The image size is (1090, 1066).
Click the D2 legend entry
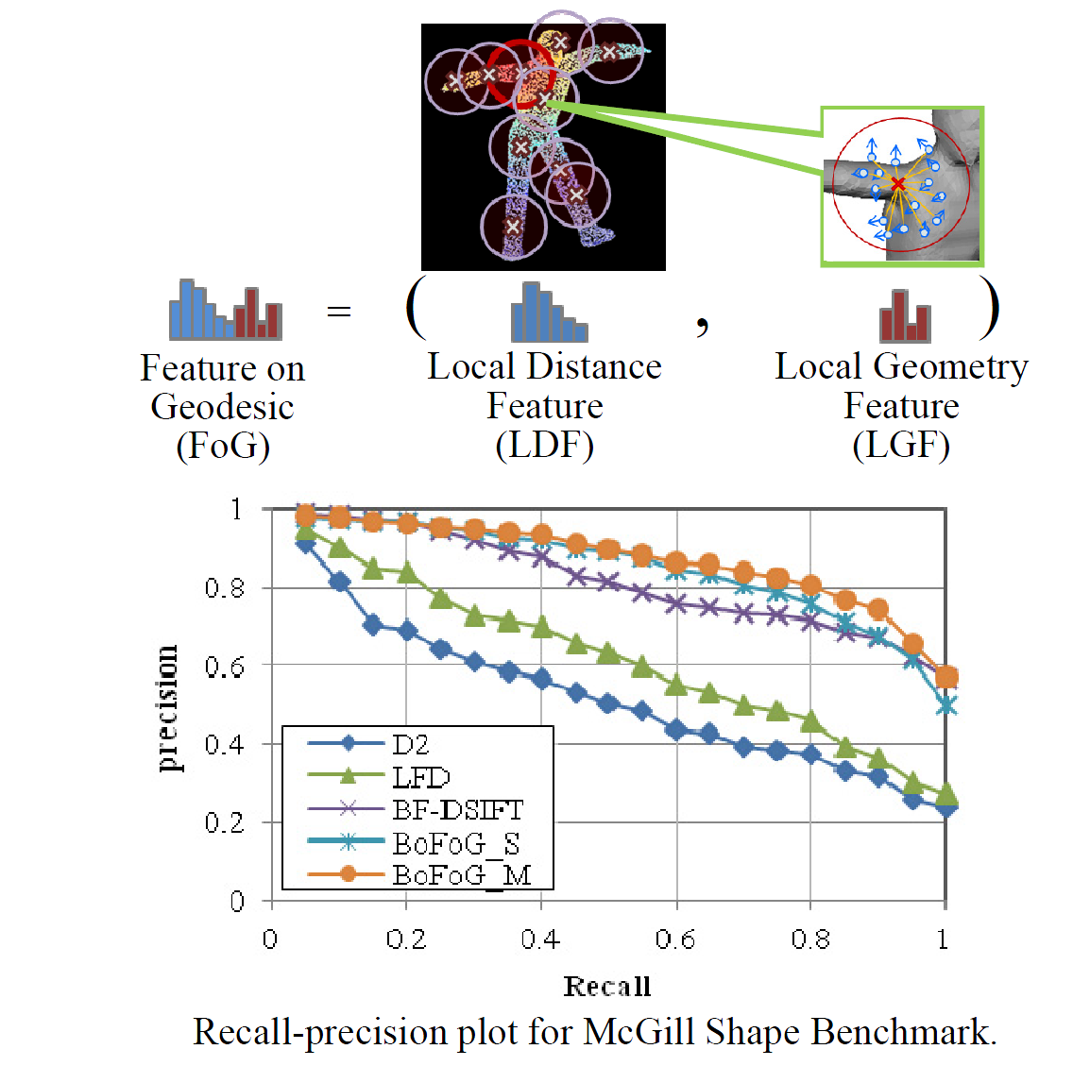point(411,744)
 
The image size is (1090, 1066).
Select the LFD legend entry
point(420,777)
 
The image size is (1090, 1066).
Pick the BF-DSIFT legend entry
point(457,809)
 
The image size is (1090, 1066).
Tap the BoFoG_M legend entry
point(461,874)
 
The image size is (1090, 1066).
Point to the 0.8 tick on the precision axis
point(224,588)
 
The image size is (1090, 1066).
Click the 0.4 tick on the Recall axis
point(540,939)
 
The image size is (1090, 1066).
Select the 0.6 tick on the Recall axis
point(675,939)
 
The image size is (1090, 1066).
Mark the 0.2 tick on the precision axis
point(224,822)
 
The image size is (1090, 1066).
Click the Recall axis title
point(606,987)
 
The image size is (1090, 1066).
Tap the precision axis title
point(167,707)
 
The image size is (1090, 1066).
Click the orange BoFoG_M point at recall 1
point(946,677)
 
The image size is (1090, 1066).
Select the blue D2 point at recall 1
point(946,807)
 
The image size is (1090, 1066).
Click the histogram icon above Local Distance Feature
point(549,313)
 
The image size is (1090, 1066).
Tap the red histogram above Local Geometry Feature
point(905,316)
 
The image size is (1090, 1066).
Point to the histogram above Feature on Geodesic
point(225,310)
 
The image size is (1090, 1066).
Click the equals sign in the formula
point(338,312)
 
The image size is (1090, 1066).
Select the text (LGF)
point(900,445)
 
